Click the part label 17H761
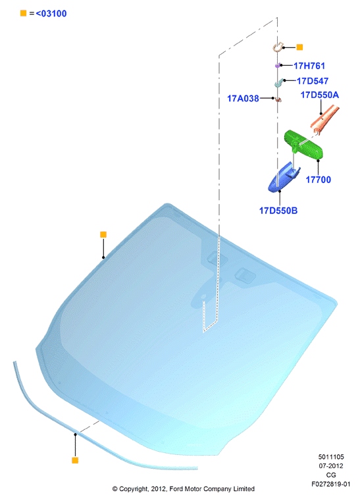pyautogui.click(x=309, y=66)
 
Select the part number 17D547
pyautogui.click(x=313, y=81)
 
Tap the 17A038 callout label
pyautogui.click(x=243, y=99)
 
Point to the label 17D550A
pyautogui.click(x=320, y=95)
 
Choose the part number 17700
pyautogui.click(x=319, y=180)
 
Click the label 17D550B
pyautogui.click(x=278, y=211)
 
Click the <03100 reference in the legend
pyautogui.click(x=51, y=13)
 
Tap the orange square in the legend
pyautogui.click(x=24, y=13)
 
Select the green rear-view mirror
pyautogui.click(x=303, y=144)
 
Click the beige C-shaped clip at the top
pyautogui.click(x=278, y=47)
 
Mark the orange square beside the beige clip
pyautogui.click(x=299, y=47)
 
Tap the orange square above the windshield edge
pyautogui.click(x=103, y=234)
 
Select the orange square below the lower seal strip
pyautogui.click(x=75, y=460)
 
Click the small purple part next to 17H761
pyautogui.click(x=278, y=65)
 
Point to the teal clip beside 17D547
pyautogui.click(x=278, y=83)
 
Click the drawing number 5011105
pyautogui.click(x=331, y=457)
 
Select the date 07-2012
pyautogui.click(x=331, y=465)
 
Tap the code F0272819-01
pyautogui.click(x=331, y=484)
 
